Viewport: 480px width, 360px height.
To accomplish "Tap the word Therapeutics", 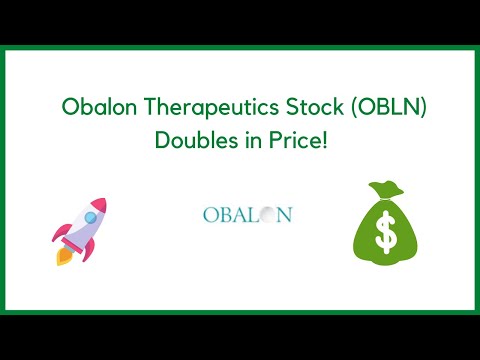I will click(200, 107).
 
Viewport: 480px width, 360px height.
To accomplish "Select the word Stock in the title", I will click(300, 106).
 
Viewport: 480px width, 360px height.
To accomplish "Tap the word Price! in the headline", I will click(296, 141).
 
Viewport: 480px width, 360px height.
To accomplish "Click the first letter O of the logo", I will click(209, 214).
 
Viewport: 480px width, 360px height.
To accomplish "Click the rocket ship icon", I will click(79, 232).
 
